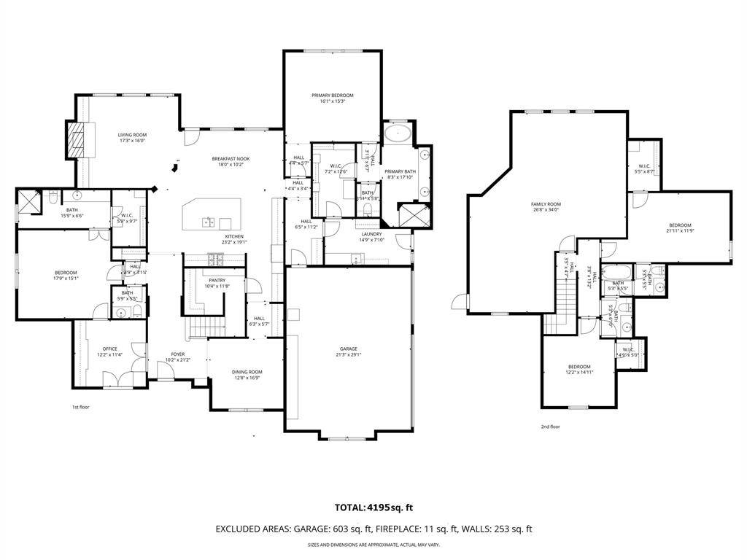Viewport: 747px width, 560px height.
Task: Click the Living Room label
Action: [x=133, y=135]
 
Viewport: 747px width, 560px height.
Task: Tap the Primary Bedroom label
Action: [x=332, y=96]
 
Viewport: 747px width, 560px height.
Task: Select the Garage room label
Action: [x=348, y=349]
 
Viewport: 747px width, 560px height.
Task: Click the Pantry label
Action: [x=217, y=280]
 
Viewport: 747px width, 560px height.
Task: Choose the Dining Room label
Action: [x=247, y=372]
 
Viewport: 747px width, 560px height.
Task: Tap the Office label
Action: [x=109, y=349]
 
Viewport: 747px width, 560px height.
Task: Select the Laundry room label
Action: [x=371, y=233]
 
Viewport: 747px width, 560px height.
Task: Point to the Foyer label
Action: [x=178, y=354]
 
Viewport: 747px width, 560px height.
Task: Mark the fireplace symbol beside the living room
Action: [x=76, y=139]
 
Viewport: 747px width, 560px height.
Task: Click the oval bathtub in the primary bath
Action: [x=398, y=133]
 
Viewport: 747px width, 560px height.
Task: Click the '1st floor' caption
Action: [x=80, y=407]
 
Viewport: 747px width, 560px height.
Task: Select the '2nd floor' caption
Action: [x=550, y=427]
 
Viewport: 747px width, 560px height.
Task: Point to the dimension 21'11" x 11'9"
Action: [x=679, y=231]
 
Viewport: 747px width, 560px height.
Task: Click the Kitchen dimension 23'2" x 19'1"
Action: [x=234, y=242]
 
